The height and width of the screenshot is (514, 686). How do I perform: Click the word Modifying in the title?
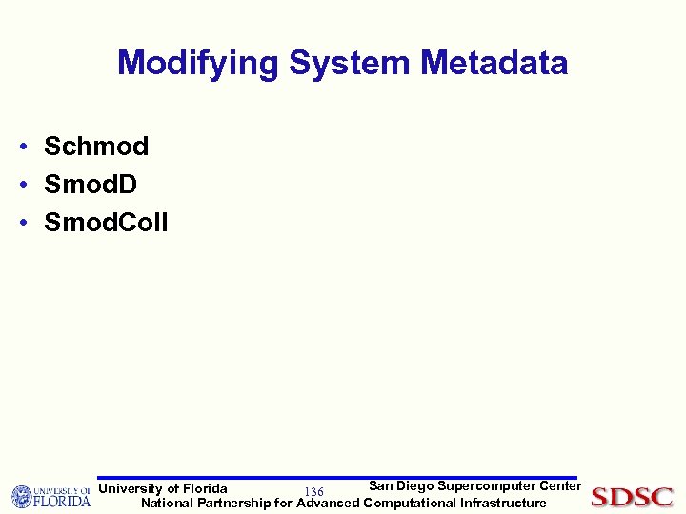pyautogui.click(x=198, y=64)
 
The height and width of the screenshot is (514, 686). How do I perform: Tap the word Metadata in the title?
pyautogui.click(x=494, y=64)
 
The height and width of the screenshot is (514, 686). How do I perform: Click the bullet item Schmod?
pyautogui.click(x=96, y=147)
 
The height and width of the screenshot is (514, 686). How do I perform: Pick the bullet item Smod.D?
pyautogui.click(x=91, y=185)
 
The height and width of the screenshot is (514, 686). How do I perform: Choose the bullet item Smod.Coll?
pyautogui.click(x=106, y=223)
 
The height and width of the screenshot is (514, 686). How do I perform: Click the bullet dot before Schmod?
pyautogui.click(x=20, y=148)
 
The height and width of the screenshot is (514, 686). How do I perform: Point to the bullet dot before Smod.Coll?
pyautogui.click(x=20, y=224)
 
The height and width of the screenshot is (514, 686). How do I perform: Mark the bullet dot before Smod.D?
pyautogui.click(x=20, y=186)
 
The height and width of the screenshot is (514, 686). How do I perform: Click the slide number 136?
pyautogui.click(x=313, y=491)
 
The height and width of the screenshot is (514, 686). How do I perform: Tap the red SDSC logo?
pyautogui.click(x=632, y=497)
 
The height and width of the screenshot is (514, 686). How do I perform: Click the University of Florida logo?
pyautogui.click(x=50, y=496)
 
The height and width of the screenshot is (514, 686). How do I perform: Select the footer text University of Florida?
pyautogui.click(x=163, y=488)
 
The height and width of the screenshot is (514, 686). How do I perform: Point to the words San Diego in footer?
pyautogui.click(x=401, y=485)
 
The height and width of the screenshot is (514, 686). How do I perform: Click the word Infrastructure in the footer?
pyautogui.click(x=502, y=503)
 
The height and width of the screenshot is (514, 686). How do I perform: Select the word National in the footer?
pyautogui.click(x=167, y=503)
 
